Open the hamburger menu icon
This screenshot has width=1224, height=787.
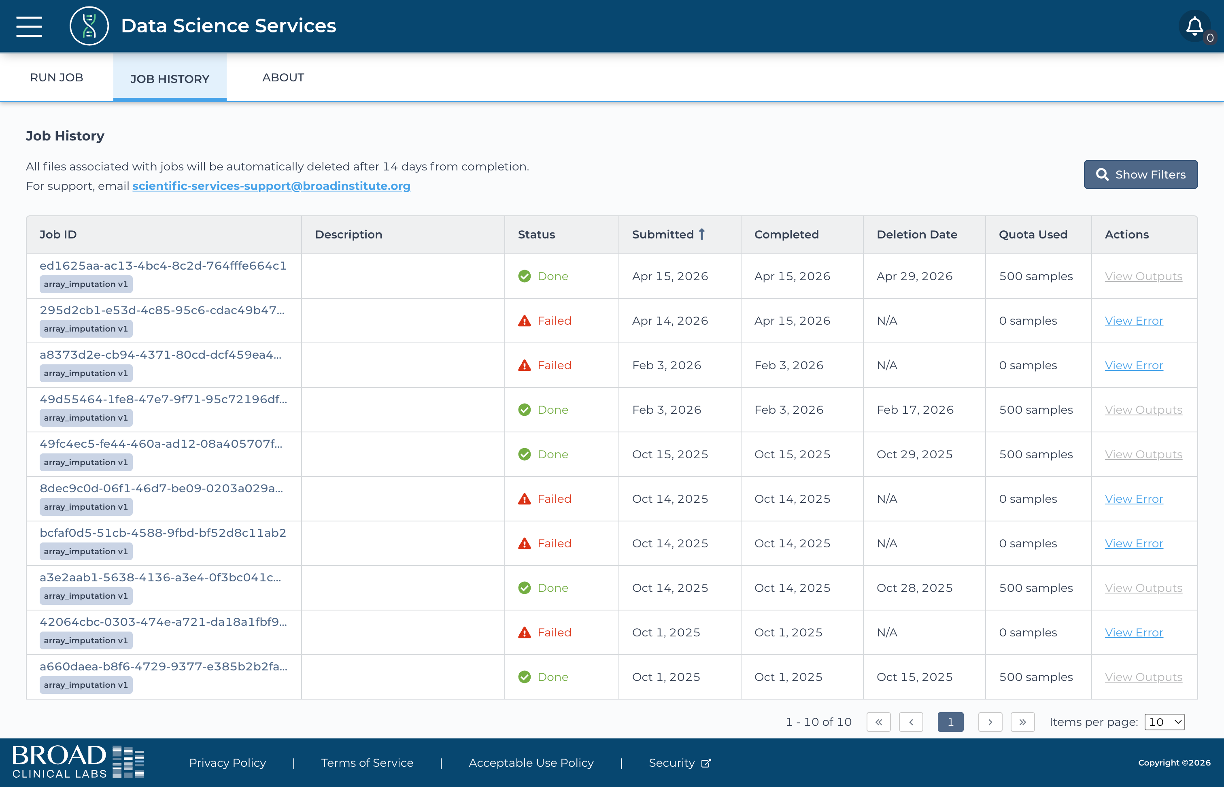[29, 26]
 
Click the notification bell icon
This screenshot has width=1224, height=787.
[1194, 26]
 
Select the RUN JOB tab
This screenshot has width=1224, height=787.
[57, 78]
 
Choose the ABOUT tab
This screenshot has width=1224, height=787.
[283, 78]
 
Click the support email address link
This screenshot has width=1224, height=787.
[271, 186]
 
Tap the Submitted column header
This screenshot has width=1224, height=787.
[669, 234]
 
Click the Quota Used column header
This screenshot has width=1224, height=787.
[1033, 234]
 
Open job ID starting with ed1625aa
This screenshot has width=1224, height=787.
[163, 266]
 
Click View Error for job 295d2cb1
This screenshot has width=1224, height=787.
[1134, 321]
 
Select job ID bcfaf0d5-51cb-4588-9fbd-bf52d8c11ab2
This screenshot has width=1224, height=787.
[163, 533]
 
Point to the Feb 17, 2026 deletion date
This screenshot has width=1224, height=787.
[915, 410]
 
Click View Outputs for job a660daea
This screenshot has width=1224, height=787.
[1143, 677]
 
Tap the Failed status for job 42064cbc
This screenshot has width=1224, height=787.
[554, 633]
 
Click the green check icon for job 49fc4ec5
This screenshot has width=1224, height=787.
[525, 454]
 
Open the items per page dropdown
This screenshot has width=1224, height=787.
[1164, 722]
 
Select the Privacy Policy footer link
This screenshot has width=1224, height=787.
[227, 763]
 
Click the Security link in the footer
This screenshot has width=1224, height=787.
[680, 763]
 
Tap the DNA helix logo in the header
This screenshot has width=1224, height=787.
[89, 26]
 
